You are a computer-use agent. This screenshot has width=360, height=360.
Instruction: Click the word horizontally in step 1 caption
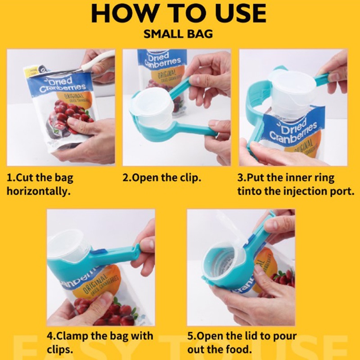[x=38, y=191]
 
